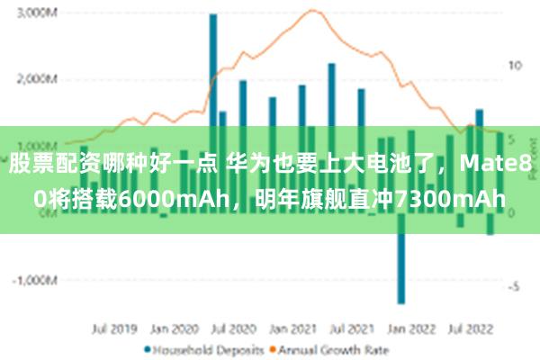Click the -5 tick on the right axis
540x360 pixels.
pos(512,287)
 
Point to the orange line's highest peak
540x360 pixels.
pos(311,11)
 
